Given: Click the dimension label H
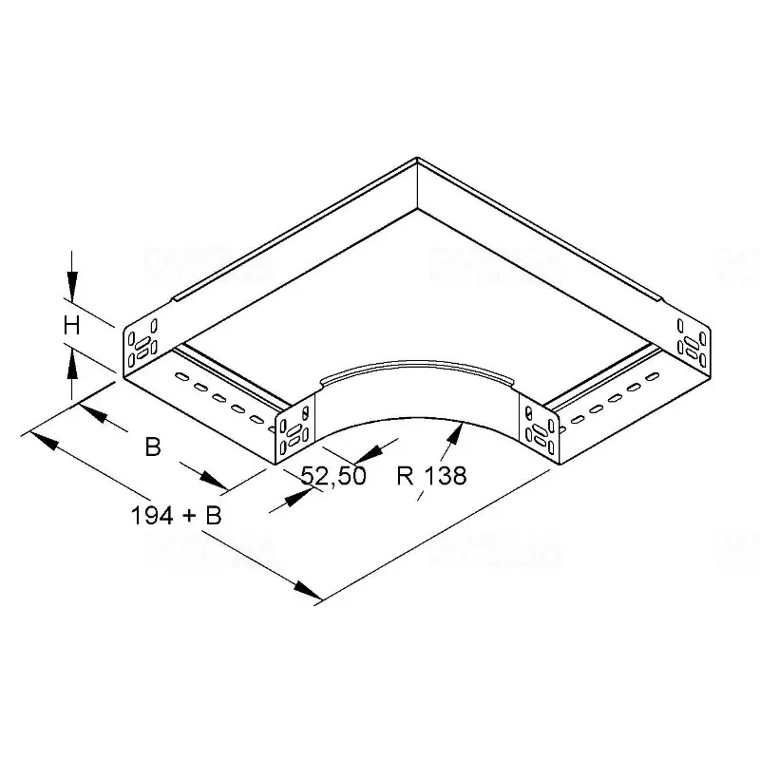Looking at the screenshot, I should pyautogui.click(x=70, y=327).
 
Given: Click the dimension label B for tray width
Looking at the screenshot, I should pyautogui.click(x=152, y=446).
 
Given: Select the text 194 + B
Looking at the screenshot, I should pyautogui.click(x=176, y=516).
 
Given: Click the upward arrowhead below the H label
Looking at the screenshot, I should pyautogui.click(x=71, y=359).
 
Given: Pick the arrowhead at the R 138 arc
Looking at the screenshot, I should pyautogui.click(x=458, y=431).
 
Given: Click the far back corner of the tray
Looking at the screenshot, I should pyautogui.click(x=416, y=159).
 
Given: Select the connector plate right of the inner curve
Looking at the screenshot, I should pyautogui.click(x=539, y=429).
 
